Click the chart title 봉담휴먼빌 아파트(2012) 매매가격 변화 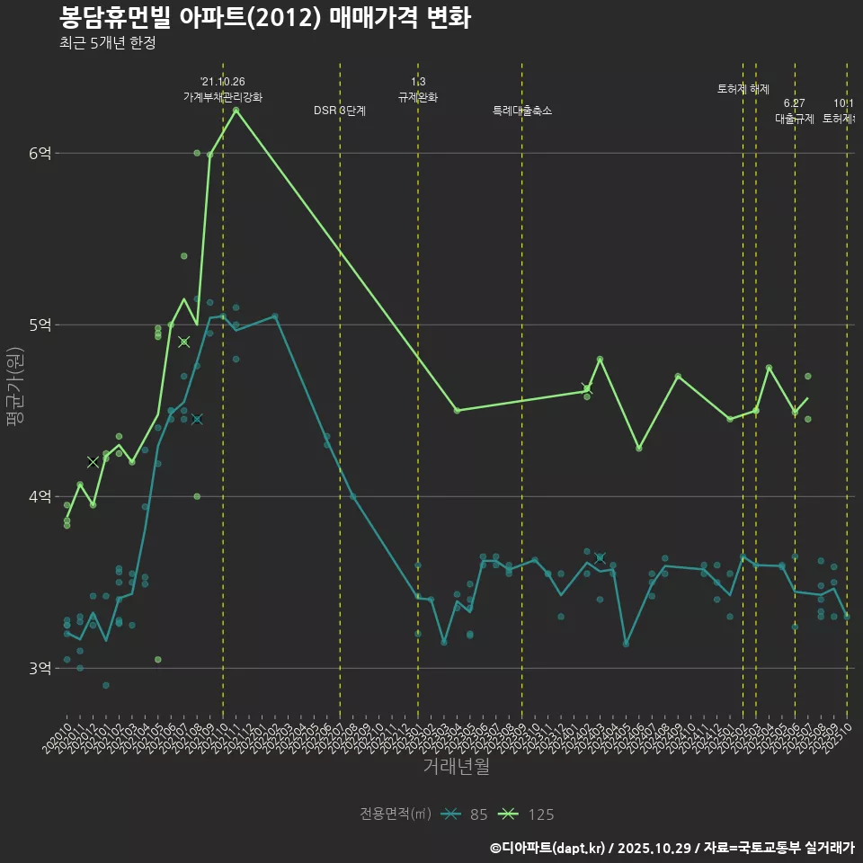(264, 18)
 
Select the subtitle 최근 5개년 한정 (107, 43)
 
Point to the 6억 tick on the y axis (40, 154)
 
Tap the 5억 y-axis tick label (40, 325)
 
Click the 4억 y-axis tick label (40, 497)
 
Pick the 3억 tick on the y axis (40, 669)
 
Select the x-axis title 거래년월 (456, 767)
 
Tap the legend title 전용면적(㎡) (396, 814)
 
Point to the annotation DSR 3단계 (340, 111)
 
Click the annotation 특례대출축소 (522, 111)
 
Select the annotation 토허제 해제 (743, 89)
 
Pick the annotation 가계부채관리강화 (223, 96)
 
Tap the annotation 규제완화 (418, 96)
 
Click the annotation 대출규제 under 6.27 (795, 118)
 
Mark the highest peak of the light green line (236, 111)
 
